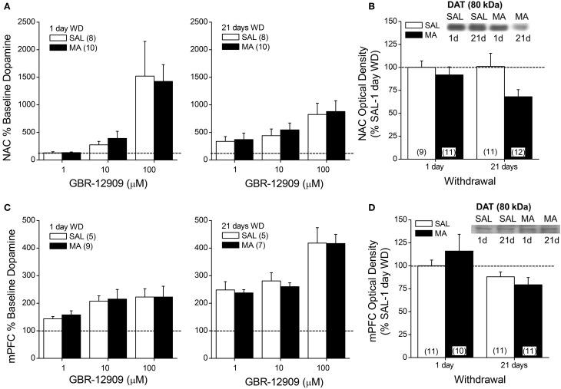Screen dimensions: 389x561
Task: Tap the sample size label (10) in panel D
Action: [446, 351]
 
